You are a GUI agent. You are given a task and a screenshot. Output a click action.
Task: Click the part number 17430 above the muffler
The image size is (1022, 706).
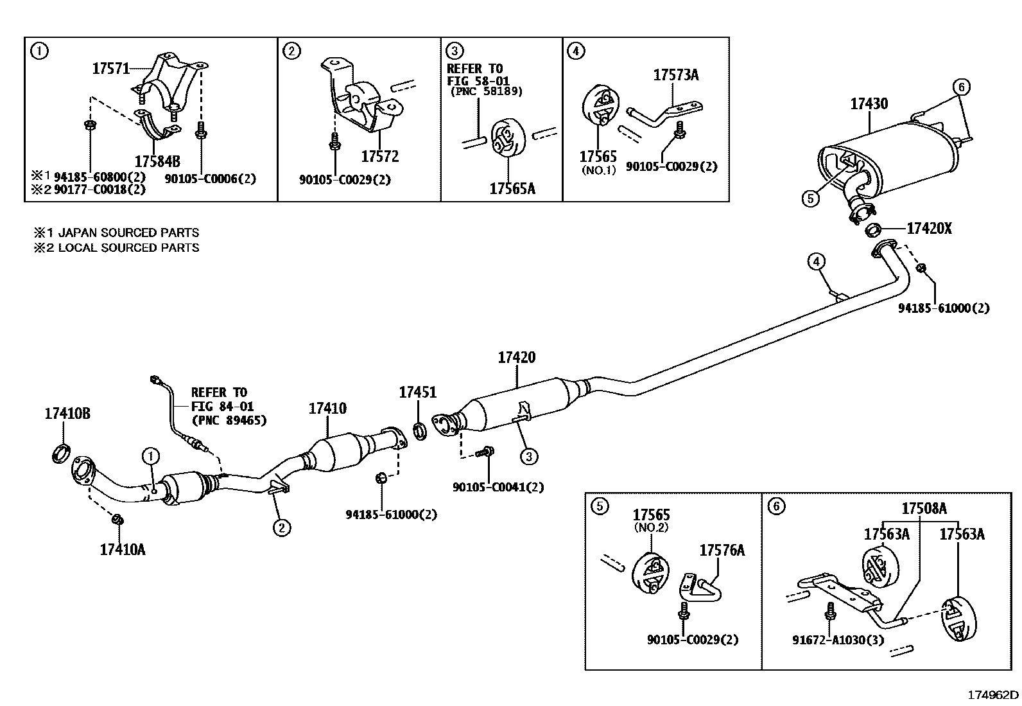(x=869, y=103)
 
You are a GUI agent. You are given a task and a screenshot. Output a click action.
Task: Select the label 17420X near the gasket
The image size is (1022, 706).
(x=929, y=228)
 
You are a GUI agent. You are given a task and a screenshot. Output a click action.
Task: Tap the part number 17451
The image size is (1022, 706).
(x=417, y=392)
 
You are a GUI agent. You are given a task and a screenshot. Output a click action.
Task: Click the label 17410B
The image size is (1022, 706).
(x=67, y=414)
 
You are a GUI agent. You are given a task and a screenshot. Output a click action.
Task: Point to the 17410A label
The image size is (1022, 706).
(x=122, y=549)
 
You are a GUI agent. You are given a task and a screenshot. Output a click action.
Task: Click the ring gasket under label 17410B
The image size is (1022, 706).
(x=61, y=453)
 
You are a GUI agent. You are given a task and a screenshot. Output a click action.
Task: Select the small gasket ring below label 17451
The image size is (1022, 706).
(x=420, y=430)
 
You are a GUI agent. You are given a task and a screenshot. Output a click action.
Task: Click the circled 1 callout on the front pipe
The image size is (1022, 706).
(x=150, y=457)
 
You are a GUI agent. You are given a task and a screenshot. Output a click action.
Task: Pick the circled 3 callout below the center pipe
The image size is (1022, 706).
(x=528, y=457)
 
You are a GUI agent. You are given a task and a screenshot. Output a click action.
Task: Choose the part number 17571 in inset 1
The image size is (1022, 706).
(x=111, y=68)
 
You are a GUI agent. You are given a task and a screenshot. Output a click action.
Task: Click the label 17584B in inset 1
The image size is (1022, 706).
(x=157, y=160)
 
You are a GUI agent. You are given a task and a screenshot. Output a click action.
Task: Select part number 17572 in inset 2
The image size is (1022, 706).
(x=379, y=156)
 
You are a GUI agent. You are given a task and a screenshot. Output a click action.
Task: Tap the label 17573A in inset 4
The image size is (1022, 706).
(x=676, y=75)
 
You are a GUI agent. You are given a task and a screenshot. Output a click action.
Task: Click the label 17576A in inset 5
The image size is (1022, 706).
(x=722, y=550)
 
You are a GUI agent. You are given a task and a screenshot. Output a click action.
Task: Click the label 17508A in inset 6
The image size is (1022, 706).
(x=924, y=509)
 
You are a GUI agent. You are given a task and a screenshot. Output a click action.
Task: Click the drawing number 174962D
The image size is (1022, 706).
(x=992, y=694)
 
